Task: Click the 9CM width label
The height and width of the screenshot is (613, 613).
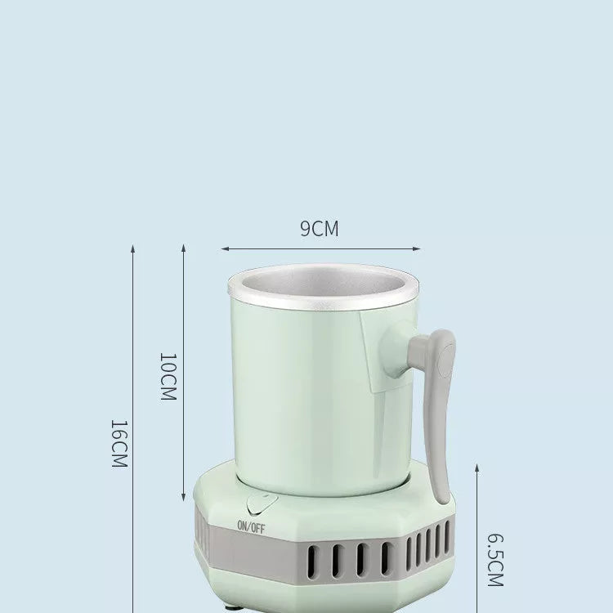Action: coord(319,229)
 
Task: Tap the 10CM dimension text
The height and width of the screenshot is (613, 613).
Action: coord(167,376)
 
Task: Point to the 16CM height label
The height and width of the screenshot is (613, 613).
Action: coord(119,444)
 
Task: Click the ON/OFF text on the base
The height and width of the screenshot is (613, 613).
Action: coord(251,526)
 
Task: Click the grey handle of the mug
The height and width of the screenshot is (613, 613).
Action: coord(440,409)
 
